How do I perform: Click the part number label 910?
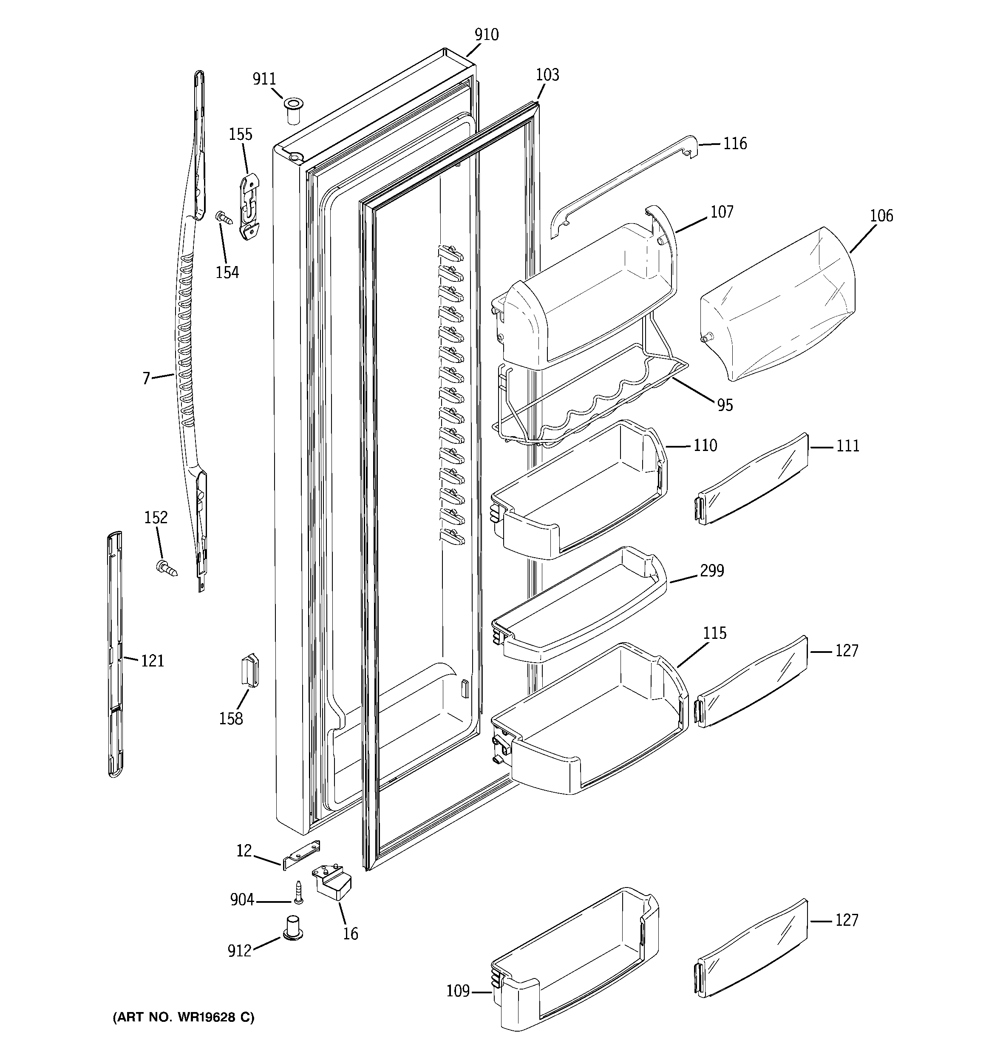[486, 35]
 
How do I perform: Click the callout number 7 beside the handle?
[146, 378]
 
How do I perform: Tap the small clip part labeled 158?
[250, 670]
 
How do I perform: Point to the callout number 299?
[711, 570]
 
